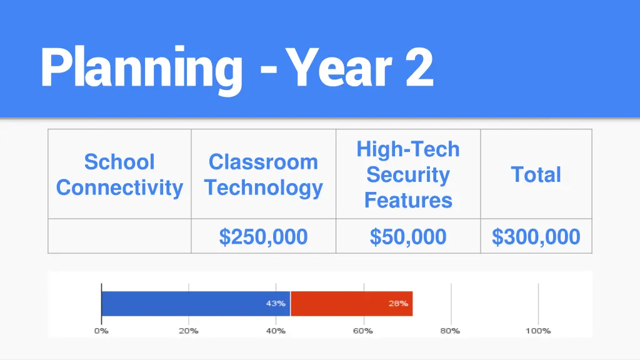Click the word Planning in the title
tap(141, 69)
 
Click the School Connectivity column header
tap(119, 174)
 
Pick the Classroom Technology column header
tap(263, 174)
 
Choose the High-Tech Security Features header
tap(408, 174)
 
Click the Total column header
tap(536, 174)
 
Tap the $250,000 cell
tap(263, 237)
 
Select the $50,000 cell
tap(408, 237)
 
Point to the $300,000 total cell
tap(536, 237)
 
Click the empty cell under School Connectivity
tap(119, 236)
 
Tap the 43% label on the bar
tap(276, 304)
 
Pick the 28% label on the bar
tap(398, 304)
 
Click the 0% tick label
tap(101, 331)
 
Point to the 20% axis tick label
tap(189, 331)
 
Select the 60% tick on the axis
tap(363, 331)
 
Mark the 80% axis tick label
tap(450, 331)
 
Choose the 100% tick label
tap(537, 331)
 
